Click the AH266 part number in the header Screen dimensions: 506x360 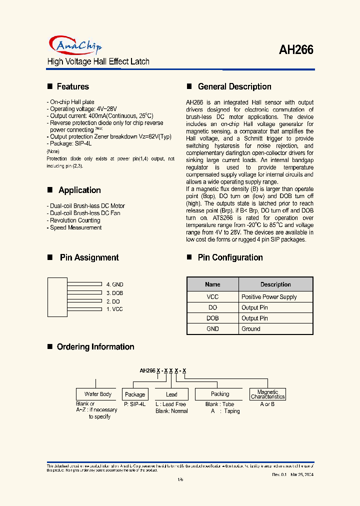click(296, 50)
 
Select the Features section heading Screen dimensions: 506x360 click(72, 86)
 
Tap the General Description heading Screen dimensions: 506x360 click(234, 86)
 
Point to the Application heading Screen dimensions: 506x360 click(79, 190)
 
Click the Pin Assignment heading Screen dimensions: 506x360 click(89, 257)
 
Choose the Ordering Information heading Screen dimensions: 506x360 click(95, 346)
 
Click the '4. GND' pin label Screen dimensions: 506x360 click(114, 284)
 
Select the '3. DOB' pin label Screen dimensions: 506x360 click(114, 293)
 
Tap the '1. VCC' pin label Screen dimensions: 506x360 click(114, 309)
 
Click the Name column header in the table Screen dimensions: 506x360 click(212, 284)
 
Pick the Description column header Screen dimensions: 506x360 click(275, 284)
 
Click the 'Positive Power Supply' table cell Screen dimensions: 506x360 click(269, 297)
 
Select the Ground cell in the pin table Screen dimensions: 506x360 click(251, 329)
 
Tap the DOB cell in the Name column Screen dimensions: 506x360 click(212, 318)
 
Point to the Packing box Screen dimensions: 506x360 click(220, 394)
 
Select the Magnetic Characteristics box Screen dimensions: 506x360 click(267, 394)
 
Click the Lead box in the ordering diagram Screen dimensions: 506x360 click(171, 394)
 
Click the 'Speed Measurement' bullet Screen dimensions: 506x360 click(75, 227)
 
